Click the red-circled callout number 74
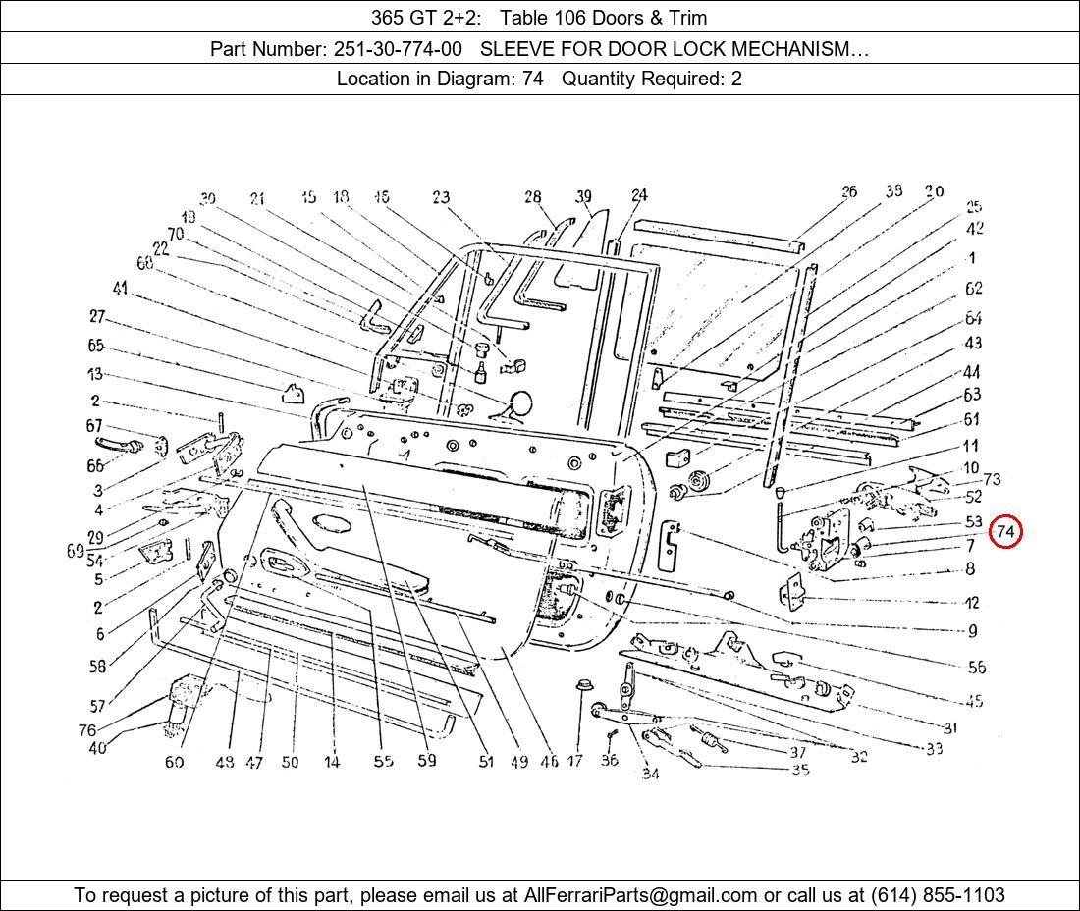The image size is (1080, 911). [1005, 532]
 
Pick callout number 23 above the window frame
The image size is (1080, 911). [440, 197]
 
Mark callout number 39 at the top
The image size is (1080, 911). [584, 197]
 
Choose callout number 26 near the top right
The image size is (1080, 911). [849, 192]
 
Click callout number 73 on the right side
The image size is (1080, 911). [992, 479]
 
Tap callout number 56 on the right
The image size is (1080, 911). [976, 668]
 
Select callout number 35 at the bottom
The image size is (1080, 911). [800, 770]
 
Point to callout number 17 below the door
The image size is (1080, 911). [575, 760]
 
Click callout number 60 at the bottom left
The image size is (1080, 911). [174, 762]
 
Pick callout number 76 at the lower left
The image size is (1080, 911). [87, 730]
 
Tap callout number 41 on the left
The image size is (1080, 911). [121, 289]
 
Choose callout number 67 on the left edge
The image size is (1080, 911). [94, 426]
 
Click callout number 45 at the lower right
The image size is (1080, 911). [974, 701]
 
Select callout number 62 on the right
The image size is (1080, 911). [973, 289]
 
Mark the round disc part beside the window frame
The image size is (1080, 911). [519, 402]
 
